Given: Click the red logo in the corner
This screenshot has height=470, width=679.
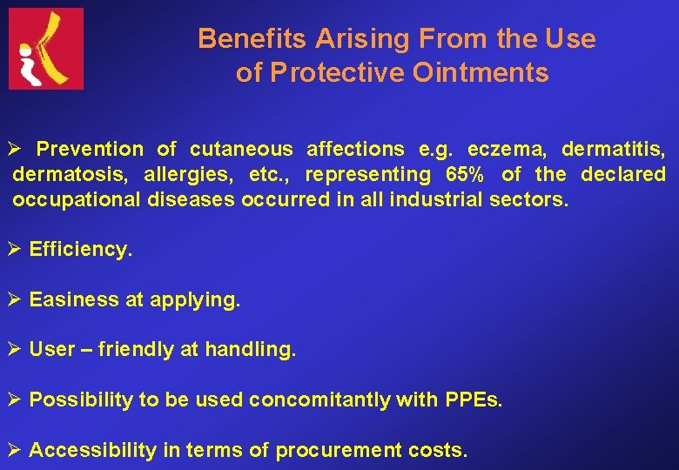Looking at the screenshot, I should pos(46,49).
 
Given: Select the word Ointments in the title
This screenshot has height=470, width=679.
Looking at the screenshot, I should pos(494,73).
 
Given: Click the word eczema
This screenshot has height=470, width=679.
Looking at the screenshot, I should pos(507,149).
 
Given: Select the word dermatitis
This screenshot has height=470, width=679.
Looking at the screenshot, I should pos(613,149).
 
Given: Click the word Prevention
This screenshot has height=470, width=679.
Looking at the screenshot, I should pos(90,149).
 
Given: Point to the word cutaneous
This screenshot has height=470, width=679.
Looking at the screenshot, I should pos(241,149).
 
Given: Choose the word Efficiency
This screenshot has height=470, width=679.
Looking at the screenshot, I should pos(81,250).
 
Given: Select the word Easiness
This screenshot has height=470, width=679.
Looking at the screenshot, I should pos(74,300).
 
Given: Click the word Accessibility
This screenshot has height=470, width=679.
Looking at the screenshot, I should pos(92,451).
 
